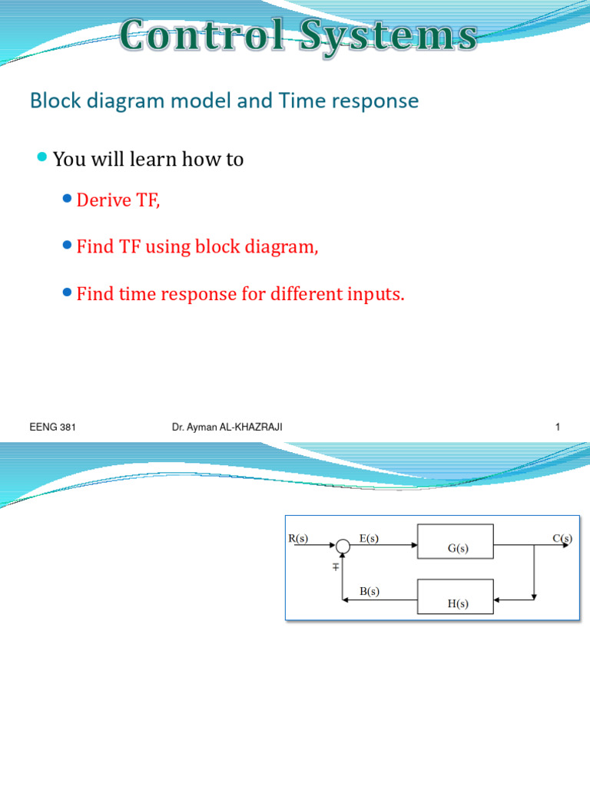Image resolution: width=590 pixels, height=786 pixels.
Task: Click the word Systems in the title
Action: click(391, 35)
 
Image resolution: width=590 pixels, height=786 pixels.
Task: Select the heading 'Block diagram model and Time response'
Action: click(224, 101)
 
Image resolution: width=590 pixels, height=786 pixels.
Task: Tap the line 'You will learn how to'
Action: click(148, 160)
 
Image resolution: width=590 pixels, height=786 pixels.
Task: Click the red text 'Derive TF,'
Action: click(118, 201)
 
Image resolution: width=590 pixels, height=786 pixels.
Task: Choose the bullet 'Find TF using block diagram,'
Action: click(197, 247)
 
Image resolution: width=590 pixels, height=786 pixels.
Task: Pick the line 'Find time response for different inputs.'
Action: click(240, 294)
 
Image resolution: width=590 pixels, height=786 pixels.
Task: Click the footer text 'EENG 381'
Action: click(52, 428)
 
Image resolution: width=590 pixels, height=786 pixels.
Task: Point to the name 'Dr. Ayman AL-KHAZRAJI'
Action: click(227, 428)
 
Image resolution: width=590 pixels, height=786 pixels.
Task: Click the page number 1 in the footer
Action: click(558, 428)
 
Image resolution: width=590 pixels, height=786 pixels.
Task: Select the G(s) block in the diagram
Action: click(456, 542)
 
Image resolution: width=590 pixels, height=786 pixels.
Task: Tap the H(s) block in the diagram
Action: click(456, 597)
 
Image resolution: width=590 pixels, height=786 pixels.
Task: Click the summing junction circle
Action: click(343, 546)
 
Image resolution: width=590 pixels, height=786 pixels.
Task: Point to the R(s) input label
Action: click(298, 538)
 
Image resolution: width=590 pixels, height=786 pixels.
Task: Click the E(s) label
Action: click(369, 538)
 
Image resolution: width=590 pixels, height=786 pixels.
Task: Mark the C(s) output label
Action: click(562, 538)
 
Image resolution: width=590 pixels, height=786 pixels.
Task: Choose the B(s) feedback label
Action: click(369, 592)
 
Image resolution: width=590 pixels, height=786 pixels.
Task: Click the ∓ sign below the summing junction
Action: click(336, 567)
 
